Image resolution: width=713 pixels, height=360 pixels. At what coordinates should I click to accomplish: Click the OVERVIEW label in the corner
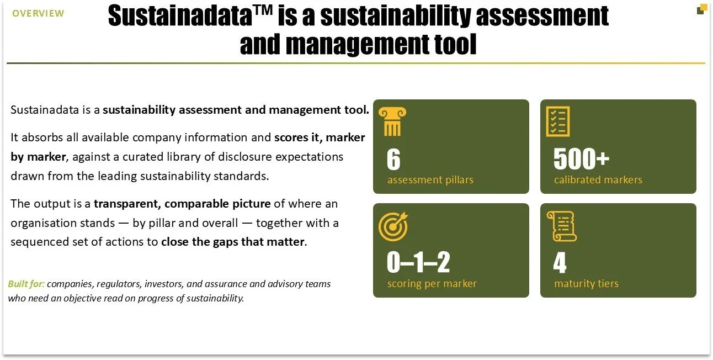[38, 13]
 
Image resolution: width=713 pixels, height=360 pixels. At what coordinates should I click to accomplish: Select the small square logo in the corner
[701, 9]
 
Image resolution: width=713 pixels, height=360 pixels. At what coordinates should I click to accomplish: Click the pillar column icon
[392, 121]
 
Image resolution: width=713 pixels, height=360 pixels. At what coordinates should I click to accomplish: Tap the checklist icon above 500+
[558, 121]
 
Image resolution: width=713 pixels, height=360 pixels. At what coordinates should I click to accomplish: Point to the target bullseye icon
[393, 226]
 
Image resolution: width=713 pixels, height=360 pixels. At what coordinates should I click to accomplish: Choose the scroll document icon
[562, 226]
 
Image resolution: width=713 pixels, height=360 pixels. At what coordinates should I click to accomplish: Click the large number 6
[393, 159]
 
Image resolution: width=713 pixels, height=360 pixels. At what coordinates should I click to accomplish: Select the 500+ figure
[581, 158]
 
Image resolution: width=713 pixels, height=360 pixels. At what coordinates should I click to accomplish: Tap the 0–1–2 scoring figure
[418, 262]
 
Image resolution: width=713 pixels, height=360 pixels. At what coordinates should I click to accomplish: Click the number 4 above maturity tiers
[560, 262]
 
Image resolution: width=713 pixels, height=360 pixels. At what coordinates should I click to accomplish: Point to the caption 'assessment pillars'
[430, 180]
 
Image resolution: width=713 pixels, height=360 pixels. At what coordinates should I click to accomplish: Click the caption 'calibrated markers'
[598, 180]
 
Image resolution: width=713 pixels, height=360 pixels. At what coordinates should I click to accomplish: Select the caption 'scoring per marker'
[432, 284]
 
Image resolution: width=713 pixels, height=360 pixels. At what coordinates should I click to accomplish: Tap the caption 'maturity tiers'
[586, 284]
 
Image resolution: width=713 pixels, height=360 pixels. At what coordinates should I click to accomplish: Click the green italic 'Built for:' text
[26, 284]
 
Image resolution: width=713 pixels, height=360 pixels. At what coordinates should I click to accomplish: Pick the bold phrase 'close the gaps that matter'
[233, 242]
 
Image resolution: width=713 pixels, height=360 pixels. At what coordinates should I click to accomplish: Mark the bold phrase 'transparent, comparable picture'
[182, 204]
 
